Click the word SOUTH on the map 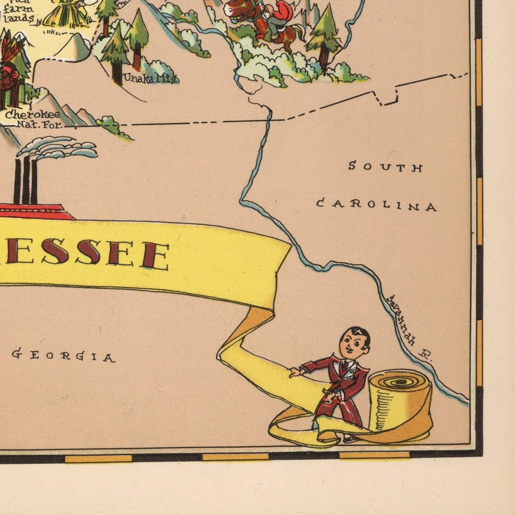pos(385,167)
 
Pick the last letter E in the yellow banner pos(155,256)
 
